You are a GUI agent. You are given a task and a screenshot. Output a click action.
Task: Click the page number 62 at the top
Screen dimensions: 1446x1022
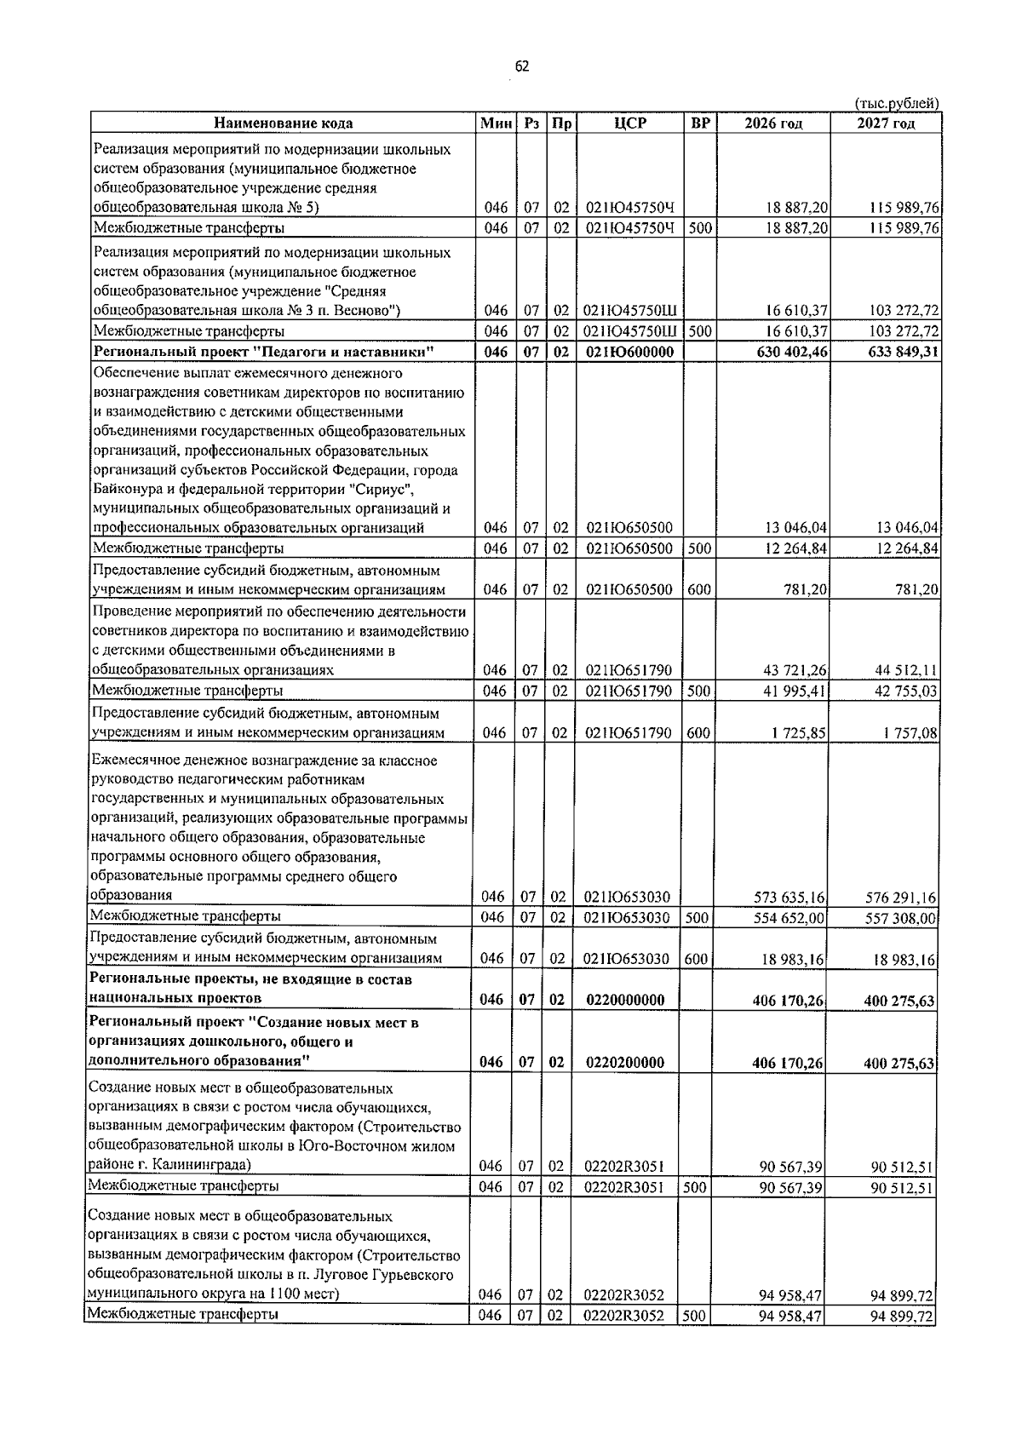(521, 67)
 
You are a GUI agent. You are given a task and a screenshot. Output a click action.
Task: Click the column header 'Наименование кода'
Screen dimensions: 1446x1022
(283, 123)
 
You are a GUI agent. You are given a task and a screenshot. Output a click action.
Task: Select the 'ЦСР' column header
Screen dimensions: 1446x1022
(629, 123)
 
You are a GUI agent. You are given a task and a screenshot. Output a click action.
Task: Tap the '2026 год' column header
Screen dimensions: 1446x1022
(772, 123)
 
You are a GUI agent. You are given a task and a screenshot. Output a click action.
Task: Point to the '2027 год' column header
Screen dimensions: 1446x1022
(886, 123)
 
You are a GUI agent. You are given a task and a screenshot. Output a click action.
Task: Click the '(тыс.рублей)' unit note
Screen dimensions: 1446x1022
(896, 103)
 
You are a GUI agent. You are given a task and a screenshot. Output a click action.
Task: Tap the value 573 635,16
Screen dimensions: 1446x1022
(789, 897)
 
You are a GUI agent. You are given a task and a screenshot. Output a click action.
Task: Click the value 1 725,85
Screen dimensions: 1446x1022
(798, 733)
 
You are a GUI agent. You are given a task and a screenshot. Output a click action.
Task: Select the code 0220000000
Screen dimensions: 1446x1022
(625, 1000)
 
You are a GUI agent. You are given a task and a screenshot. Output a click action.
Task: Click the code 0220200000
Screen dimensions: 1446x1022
(625, 1063)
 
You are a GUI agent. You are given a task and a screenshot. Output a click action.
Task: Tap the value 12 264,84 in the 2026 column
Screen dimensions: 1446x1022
(795, 548)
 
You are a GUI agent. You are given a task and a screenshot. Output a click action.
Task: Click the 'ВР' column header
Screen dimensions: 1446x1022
(700, 123)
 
